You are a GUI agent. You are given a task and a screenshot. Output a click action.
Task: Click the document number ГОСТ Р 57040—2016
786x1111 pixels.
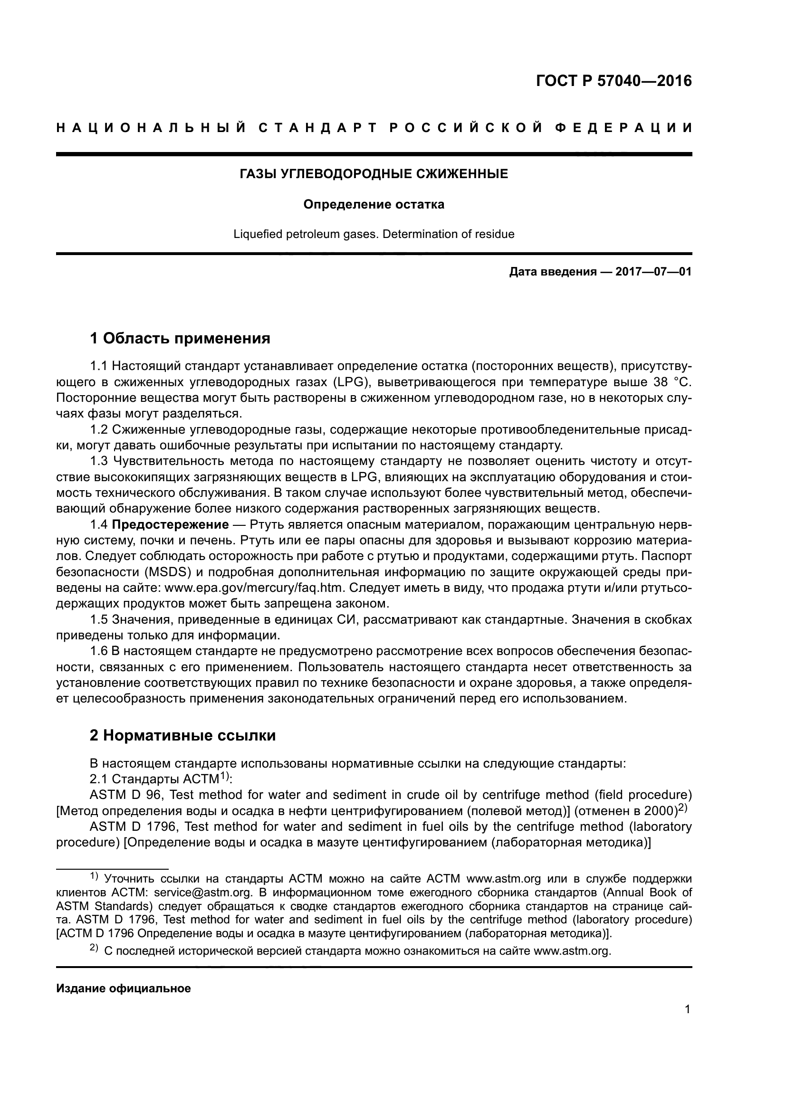coord(613,81)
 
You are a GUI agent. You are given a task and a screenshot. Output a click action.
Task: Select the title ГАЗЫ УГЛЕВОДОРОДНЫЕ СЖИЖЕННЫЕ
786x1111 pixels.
coord(374,174)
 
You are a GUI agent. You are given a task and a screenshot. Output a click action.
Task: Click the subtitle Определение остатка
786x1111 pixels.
coord(374,205)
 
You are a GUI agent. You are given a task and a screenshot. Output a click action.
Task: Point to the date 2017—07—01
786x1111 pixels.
coord(653,272)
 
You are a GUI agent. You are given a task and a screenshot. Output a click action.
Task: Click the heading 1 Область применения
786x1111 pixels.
coord(180,338)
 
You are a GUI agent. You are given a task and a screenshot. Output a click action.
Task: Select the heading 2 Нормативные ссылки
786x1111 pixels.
coord(182,735)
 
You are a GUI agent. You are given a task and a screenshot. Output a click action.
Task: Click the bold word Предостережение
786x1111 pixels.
coord(171,525)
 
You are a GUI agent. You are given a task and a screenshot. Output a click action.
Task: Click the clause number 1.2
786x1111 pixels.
coord(99,430)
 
